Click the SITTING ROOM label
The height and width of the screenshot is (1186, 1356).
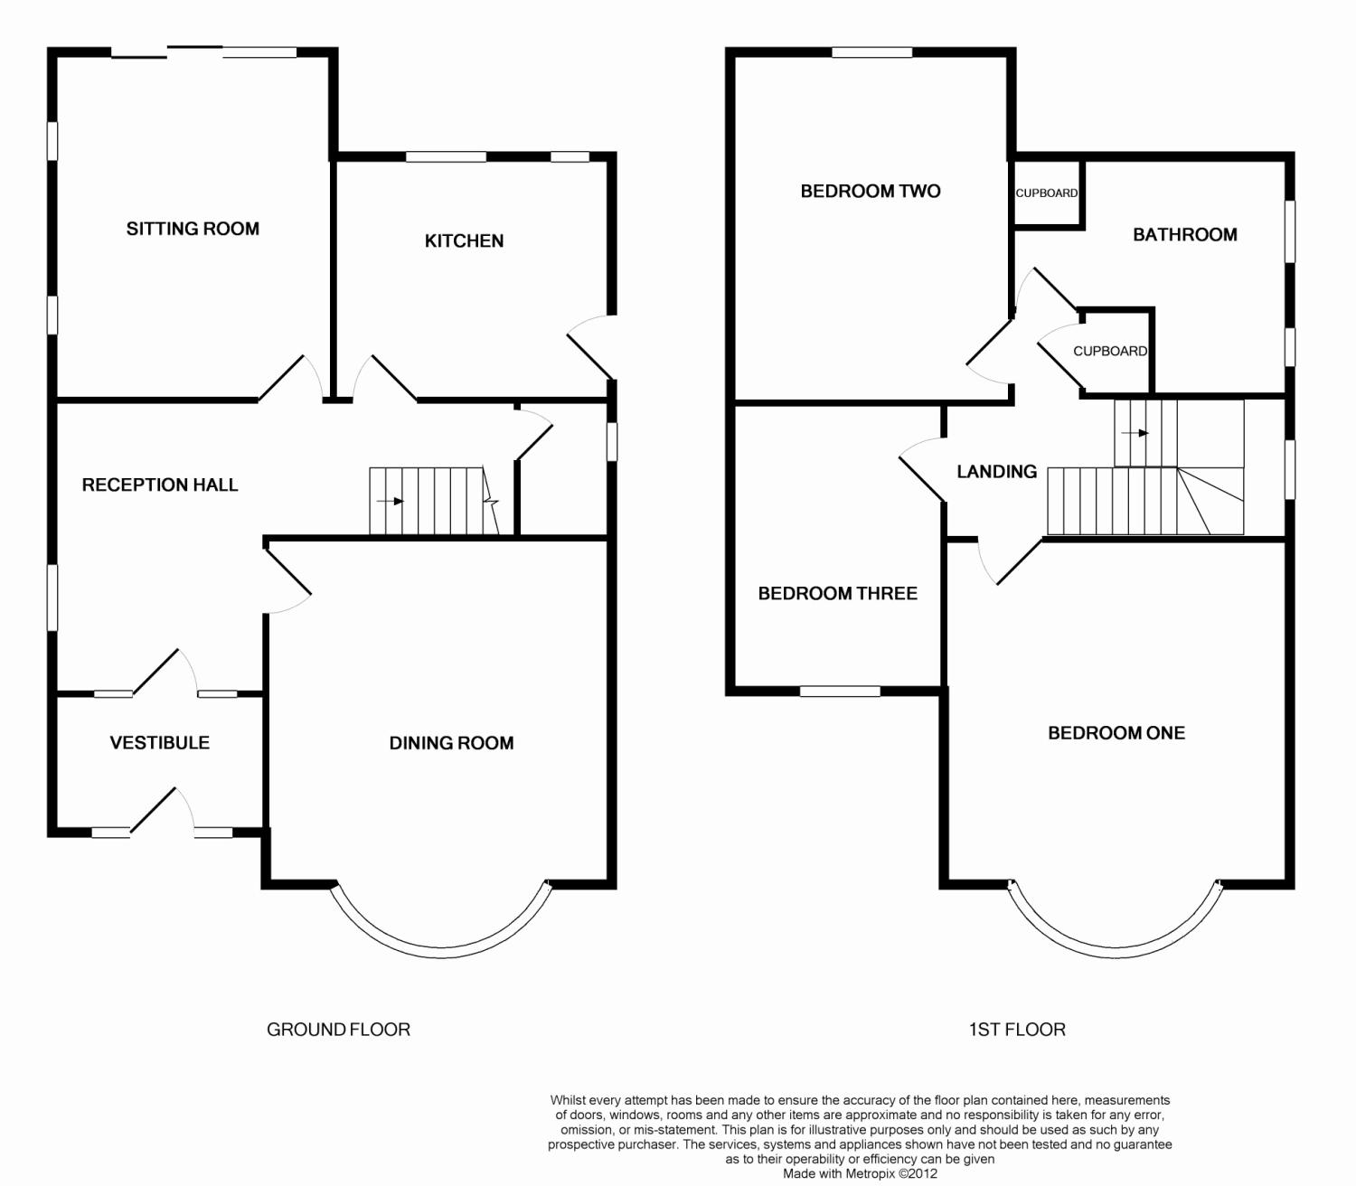click(x=193, y=229)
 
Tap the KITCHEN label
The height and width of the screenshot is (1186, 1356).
click(x=464, y=240)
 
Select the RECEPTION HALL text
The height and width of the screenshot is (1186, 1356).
click(x=160, y=485)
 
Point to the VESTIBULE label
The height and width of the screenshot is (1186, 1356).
click(x=160, y=743)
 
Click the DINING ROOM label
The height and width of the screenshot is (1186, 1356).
click(x=451, y=743)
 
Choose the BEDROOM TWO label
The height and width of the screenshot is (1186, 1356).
click(x=871, y=192)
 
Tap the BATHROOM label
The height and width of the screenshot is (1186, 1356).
click(x=1185, y=234)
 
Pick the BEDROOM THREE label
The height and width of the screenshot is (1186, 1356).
click(x=838, y=593)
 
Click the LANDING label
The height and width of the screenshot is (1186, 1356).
click(x=997, y=472)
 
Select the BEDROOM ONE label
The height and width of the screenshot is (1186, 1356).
click(x=1116, y=733)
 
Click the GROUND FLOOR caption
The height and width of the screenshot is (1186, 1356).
click(x=339, y=1030)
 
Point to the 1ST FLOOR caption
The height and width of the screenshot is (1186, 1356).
click(x=1017, y=1030)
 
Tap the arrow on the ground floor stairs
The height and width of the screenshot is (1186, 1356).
click(x=391, y=501)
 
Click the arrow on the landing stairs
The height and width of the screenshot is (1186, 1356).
click(x=1135, y=433)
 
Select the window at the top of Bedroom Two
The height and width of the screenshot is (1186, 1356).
click(x=872, y=52)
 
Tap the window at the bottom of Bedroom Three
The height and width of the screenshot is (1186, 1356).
click(x=840, y=692)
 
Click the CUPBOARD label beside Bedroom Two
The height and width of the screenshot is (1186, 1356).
click(x=1047, y=193)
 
